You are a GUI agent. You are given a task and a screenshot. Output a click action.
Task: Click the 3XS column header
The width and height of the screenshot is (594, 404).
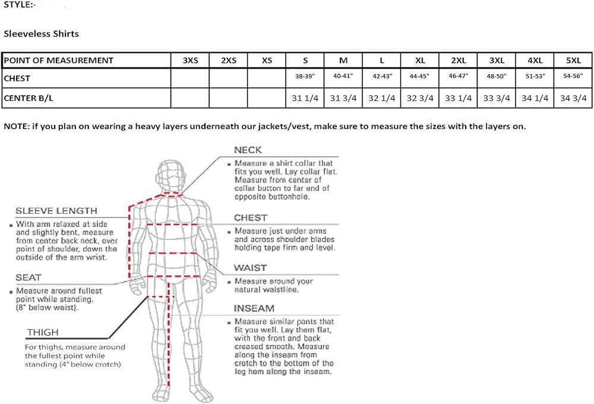tap(190, 60)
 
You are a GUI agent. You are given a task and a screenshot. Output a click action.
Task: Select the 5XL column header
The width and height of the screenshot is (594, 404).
tap(573, 60)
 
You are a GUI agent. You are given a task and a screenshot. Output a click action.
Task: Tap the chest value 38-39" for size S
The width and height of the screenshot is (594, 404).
tap(305, 76)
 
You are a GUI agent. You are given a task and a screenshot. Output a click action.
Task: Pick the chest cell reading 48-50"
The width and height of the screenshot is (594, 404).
tap(496, 76)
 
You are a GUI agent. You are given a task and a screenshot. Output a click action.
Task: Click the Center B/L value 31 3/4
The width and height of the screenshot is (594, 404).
tap(343, 98)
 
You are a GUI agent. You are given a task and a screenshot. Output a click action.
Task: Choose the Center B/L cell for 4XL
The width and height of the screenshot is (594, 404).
tap(535, 98)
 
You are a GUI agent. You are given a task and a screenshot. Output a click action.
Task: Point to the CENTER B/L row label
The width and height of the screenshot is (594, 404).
tap(29, 98)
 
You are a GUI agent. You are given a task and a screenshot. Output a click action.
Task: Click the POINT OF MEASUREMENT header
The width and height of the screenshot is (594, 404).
tap(59, 60)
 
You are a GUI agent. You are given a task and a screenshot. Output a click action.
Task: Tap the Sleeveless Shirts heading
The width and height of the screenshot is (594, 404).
tap(42, 34)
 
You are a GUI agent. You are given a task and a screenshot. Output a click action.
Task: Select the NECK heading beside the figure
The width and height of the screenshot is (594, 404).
tap(248, 150)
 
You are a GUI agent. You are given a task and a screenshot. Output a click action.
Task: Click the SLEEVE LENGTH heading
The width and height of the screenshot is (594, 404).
tap(56, 211)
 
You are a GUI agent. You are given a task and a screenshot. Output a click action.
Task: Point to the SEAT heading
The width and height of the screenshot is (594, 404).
tap(29, 278)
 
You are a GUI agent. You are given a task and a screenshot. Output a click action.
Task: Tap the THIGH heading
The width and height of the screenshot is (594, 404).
tap(43, 333)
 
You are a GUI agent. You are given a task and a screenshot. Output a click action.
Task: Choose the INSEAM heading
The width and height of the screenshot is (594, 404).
tap(254, 308)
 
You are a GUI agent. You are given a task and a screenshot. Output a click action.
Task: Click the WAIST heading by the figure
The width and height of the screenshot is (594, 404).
tap(251, 268)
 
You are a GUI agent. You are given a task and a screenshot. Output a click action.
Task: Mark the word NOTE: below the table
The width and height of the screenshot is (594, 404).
tap(16, 127)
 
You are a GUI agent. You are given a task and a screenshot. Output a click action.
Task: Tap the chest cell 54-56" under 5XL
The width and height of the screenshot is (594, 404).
tap(573, 76)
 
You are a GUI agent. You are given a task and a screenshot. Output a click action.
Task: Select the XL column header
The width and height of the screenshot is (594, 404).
tap(420, 60)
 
